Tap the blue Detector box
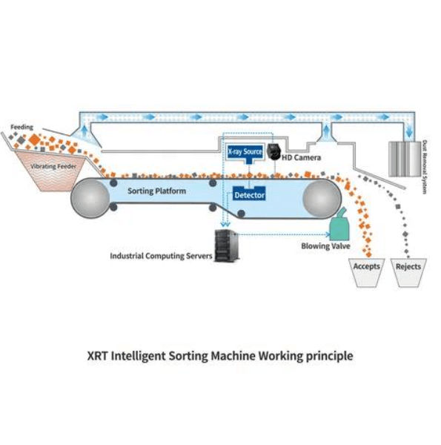249,194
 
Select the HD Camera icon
273,152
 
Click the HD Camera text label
301,157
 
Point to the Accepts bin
366,272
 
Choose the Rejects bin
408,272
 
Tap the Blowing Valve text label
325,246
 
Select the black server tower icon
226,245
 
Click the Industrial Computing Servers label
161,256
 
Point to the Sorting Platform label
157,191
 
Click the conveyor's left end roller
90,198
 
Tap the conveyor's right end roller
322,199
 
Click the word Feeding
21,127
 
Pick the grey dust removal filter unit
405,159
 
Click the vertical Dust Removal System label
425,167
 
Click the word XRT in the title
97,355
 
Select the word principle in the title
330,356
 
